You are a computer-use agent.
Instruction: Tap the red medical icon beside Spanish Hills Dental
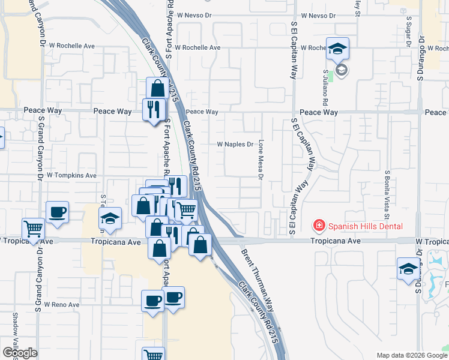coord(319,226)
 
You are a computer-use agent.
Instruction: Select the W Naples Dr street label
coord(235,145)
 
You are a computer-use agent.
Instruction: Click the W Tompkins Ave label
coord(71,176)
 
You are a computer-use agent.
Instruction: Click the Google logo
coord(20,353)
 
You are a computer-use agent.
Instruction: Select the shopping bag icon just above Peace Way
coord(157,88)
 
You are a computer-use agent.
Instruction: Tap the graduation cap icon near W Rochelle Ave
coord(338,48)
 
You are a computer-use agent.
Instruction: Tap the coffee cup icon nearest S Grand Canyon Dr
coord(57,212)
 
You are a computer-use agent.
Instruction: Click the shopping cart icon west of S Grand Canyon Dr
coord(33,229)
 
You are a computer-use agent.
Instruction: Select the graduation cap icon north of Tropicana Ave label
coord(110,218)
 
